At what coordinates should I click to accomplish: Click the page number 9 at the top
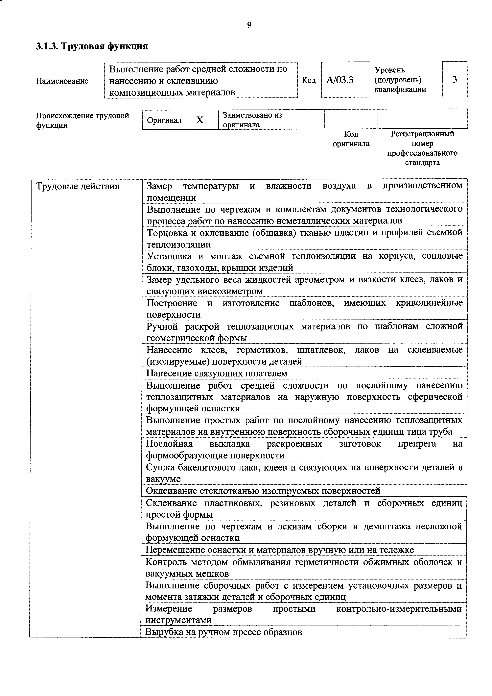[249, 25]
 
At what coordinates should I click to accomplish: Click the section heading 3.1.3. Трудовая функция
[92, 46]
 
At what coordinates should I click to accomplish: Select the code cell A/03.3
[340, 80]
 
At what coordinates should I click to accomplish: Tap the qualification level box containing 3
[455, 79]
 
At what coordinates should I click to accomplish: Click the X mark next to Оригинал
[200, 120]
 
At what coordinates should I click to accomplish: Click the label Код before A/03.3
[309, 80]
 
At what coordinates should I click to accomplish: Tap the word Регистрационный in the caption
[422, 134]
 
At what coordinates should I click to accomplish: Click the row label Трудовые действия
[78, 186]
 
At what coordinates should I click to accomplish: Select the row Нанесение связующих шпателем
[217, 373]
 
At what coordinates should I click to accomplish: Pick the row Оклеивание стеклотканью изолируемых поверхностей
[263, 491]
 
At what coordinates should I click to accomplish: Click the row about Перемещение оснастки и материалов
[280, 550]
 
